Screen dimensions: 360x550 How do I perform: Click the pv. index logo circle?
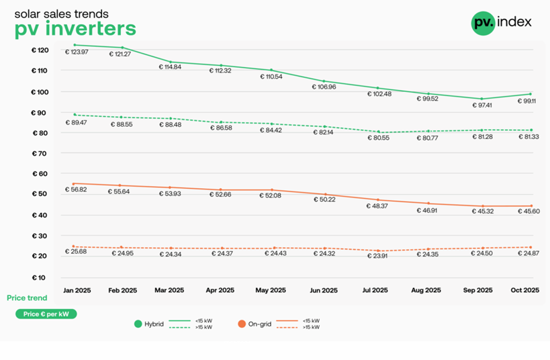pos(483,23)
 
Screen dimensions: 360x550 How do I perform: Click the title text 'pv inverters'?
pos(75,28)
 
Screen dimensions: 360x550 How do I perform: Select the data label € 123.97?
pos(77,52)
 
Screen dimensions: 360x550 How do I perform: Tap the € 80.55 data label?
pos(379,138)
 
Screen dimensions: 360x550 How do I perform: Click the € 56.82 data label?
pos(77,190)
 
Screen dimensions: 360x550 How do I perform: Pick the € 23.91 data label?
pos(379,256)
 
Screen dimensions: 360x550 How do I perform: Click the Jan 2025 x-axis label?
pos(77,291)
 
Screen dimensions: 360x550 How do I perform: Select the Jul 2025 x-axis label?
pos(375,291)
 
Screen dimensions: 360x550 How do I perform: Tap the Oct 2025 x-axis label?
pos(525,291)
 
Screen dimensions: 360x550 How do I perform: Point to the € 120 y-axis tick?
pos(40,50)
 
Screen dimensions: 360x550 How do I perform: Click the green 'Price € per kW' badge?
pos(46,314)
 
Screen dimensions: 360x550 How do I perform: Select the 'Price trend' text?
pos(27,298)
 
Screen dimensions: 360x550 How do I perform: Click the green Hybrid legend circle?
pos(139,324)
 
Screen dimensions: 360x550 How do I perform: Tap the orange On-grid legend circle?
pos(242,324)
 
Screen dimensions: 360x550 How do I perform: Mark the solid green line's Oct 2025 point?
pos(531,94)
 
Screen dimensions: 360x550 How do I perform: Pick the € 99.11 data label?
pos(526,101)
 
